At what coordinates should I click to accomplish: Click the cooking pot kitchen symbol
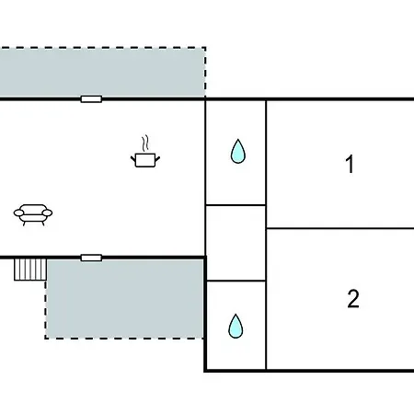pyautogui.click(x=145, y=160)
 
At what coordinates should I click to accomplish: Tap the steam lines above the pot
pyautogui.click(x=145, y=143)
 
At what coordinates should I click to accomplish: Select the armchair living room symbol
pyautogui.click(x=33, y=214)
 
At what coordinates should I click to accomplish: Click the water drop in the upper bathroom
pyautogui.click(x=238, y=151)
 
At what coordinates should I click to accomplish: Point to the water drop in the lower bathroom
pyautogui.click(x=236, y=326)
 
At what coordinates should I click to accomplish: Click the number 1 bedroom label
pyautogui.click(x=350, y=164)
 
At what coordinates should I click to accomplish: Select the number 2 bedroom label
pyautogui.click(x=353, y=299)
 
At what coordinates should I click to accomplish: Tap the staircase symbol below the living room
pyautogui.click(x=30, y=270)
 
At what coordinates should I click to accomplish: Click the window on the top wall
pyautogui.click(x=91, y=99)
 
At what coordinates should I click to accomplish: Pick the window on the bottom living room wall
pyautogui.click(x=91, y=258)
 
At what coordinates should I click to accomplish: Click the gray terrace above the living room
pyautogui.click(x=103, y=73)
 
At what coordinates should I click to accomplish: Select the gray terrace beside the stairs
pyautogui.click(x=124, y=299)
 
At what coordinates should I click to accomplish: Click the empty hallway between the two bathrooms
pyautogui.click(x=236, y=243)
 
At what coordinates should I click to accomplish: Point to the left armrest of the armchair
pyautogui.click(x=18, y=213)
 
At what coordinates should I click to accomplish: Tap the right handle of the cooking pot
pyautogui.click(x=157, y=159)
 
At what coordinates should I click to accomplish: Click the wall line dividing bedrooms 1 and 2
pyautogui.click(x=340, y=228)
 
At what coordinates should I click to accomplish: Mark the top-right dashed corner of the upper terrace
pyautogui.click(x=205, y=47)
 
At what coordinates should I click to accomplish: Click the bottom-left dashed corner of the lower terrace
pyautogui.click(x=46, y=339)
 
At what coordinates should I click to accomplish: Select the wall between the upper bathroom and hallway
pyautogui.click(x=236, y=205)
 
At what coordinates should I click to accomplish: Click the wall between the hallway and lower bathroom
pyautogui.click(x=236, y=281)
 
